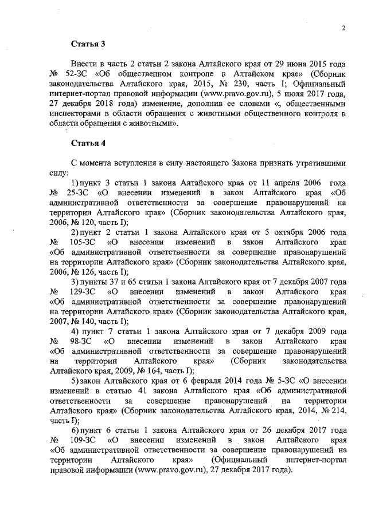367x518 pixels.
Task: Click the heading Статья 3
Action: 85,44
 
